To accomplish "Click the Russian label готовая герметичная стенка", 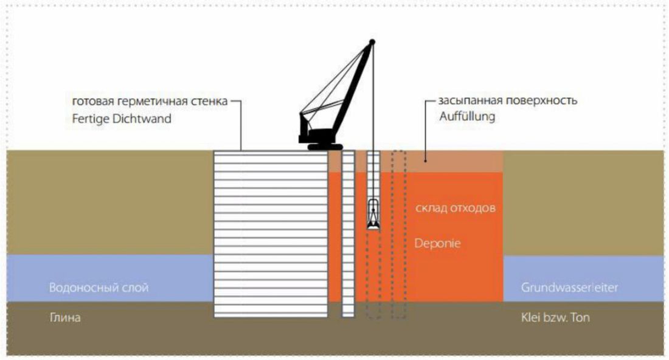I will pos(150,101).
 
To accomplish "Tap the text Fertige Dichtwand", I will pos(121,119).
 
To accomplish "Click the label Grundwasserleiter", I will pos(569,287).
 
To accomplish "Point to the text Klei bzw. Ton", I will pos(555,317).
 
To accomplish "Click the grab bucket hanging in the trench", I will pos(373,215).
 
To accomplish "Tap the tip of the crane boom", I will pos(372,41).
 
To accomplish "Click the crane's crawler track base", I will pos(325,147).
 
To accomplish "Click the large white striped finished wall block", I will pos(271,234).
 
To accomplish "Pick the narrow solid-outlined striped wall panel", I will pos(348,234).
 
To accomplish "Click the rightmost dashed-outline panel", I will pos(399,234).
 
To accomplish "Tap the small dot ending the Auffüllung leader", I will pos(425,161).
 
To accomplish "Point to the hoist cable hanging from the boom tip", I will pos(373,122).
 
